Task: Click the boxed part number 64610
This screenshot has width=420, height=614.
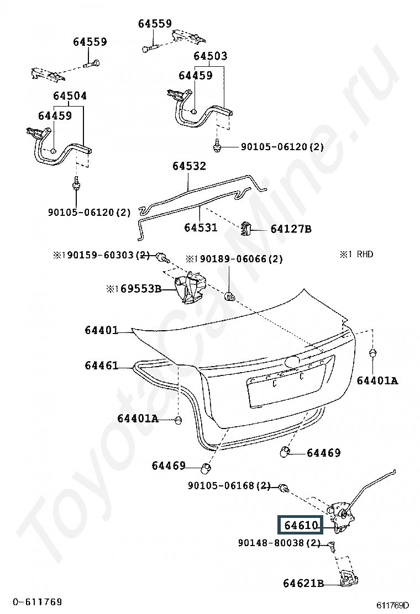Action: (x=301, y=525)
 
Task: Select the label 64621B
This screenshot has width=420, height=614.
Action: (x=303, y=583)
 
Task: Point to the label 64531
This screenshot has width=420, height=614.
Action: (x=200, y=227)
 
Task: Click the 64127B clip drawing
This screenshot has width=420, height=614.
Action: (x=246, y=228)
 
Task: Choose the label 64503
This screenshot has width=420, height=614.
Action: (x=210, y=56)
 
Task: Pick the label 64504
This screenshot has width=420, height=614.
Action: (x=70, y=96)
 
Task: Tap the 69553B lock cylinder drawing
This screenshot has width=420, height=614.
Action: (x=187, y=287)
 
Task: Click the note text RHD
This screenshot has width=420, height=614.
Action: (x=365, y=255)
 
